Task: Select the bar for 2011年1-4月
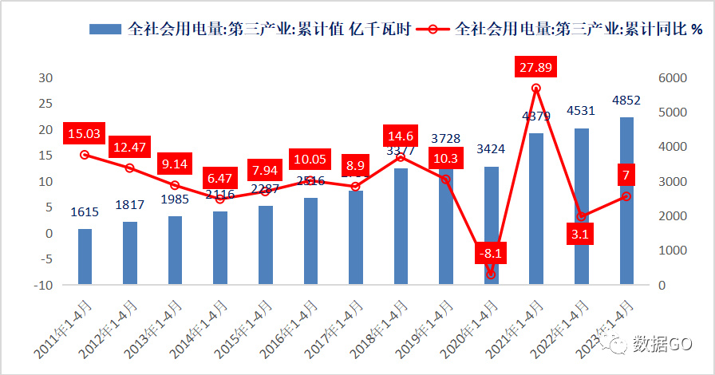pyautogui.click(x=85, y=257)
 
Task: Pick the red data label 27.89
pyautogui.click(x=536, y=65)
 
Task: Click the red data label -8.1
pyautogui.click(x=492, y=254)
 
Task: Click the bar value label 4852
pyautogui.click(x=626, y=101)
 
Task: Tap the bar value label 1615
pyautogui.click(x=85, y=211)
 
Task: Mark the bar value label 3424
pyautogui.click(x=491, y=148)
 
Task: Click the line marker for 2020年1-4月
pyautogui.click(x=492, y=274)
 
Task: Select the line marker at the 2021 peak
pyautogui.click(x=536, y=89)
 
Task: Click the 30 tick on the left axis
pyautogui.click(x=46, y=78)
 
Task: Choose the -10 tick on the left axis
pyautogui.click(x=44, y=286)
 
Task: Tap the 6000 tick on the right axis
pyautogui.click(x=673, y=78)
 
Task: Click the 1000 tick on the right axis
pyautogui.click(x=673, y=251)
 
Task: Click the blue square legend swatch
pyautogui.click(x=104, y=29)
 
